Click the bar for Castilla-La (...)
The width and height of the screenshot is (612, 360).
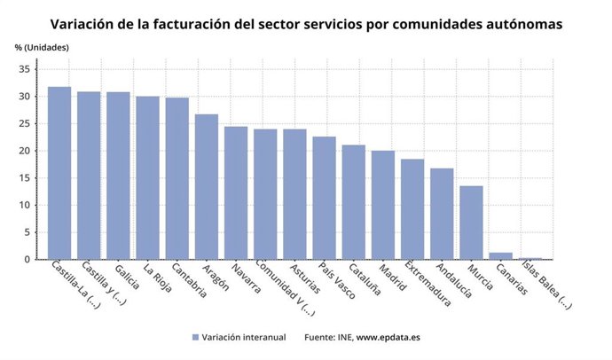pyautogui.click(x=59, y=173)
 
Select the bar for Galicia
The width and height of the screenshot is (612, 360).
pyautogui.click(x=118, y=176)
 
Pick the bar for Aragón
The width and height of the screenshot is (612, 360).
pyautogui.click(x=207, y=186)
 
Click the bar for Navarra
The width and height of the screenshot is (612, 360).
pyautogui.click(x=236, y=192)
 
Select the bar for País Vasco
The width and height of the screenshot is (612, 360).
pyautogui.click(x=324, y=198)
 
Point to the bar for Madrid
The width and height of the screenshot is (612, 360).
pyautogui.click(x=383, y=205)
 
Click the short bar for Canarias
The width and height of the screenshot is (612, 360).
pyautogui.click(x=500, y=256)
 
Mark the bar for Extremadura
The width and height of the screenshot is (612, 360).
pyautogui.click(x=412, y=209)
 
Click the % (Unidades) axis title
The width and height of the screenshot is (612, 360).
pyautogui.click(x=42, y=46)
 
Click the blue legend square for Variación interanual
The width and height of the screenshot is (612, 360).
pyautogui.click(x=194, y=337)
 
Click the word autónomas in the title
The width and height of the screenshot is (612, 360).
pyautogui.click(x=519, y=24)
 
